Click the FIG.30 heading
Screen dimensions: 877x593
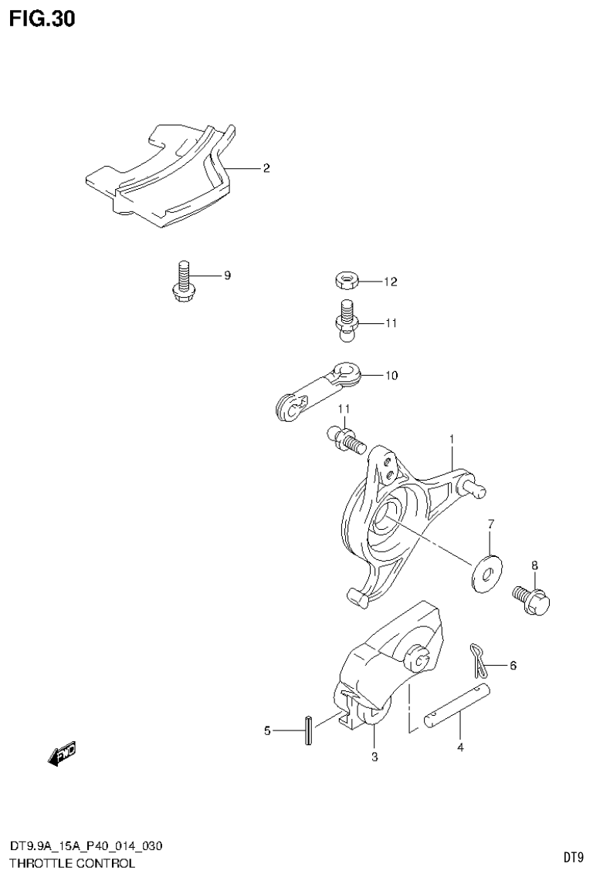[42, 19]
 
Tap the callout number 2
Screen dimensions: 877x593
[266, 168]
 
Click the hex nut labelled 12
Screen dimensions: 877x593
[345, 281]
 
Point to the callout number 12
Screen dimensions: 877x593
[390, 282]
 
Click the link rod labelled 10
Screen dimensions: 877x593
[317, 391]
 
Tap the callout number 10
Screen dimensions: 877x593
[391, 376]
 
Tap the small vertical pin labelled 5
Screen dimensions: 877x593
[309, 730]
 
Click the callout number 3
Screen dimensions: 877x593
[374, 757]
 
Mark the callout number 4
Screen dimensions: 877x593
[460, 747]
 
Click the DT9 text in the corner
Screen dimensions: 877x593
[572, 857]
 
